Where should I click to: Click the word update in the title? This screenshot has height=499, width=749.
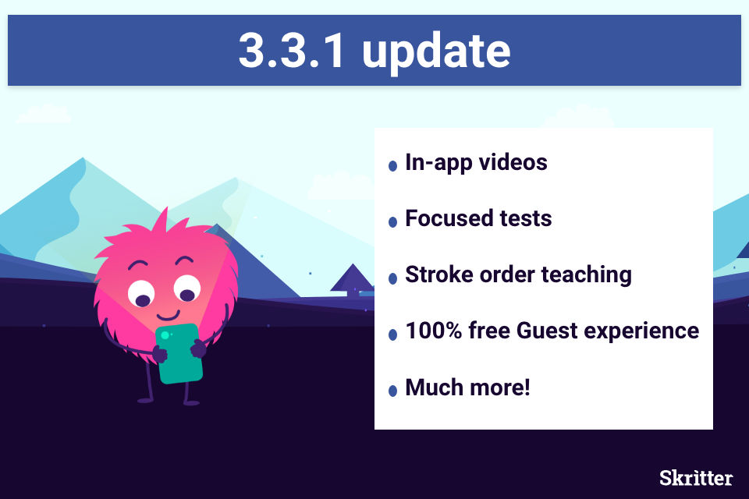[x=436, y=52]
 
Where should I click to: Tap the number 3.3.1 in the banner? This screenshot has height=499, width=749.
[x=291, y=51]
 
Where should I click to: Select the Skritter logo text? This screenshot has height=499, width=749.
[x=696, y=477]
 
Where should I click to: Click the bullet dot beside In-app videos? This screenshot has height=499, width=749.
[x=392, y=166]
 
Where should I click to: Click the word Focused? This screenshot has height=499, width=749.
[x=449, y=218]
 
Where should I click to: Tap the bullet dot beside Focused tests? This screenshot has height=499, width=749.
[x=392, y=222]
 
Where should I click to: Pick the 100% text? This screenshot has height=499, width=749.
[x=434, y=331]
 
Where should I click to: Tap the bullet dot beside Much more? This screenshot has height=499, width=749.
[x=392, y=391]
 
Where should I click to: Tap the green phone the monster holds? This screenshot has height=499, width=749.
[x=179, y=354]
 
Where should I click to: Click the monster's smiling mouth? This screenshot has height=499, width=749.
[x=169, y=315]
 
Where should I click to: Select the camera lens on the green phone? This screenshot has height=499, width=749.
[x=165, y=335]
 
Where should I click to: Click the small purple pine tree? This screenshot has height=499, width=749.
[x=353, y=278]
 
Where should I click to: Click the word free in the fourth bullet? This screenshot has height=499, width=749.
[x=489, y=331]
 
